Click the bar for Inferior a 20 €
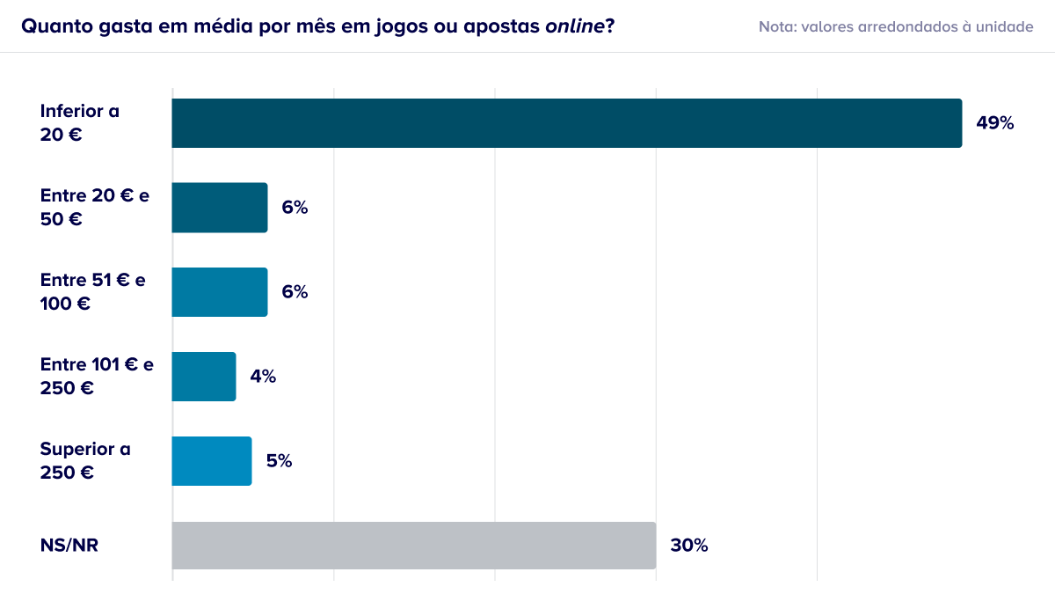566,123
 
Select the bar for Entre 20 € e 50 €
220,208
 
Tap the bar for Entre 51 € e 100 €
220,292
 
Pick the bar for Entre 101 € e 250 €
203,377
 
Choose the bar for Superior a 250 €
212,461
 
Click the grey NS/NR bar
413,546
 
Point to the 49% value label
994,123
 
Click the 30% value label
689,546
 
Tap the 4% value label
263,376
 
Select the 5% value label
279,460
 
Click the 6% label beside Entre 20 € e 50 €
295,208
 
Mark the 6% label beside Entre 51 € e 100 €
295,292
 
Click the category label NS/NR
69,546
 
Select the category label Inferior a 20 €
80,123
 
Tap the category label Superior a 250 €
85,460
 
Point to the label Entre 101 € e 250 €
97,376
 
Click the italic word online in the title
575,26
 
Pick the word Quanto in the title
57,26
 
